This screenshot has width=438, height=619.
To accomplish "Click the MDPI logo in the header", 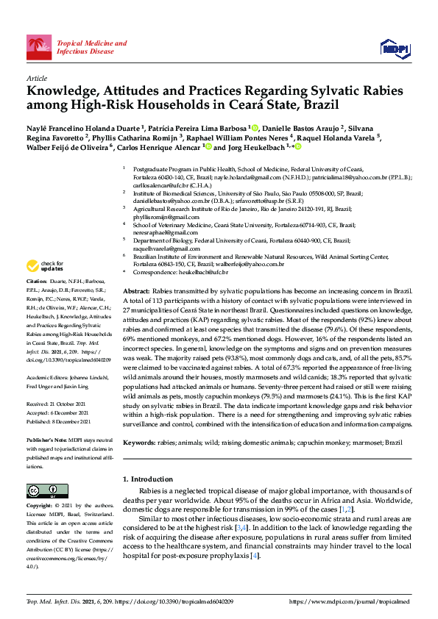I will click(394, 49).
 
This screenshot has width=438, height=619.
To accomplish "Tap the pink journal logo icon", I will click(39, 47).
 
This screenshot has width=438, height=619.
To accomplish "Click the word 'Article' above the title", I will click(36, 78).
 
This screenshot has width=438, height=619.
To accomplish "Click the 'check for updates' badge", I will click(45, 265).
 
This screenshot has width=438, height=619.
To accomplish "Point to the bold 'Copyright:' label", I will click(40, 507).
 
